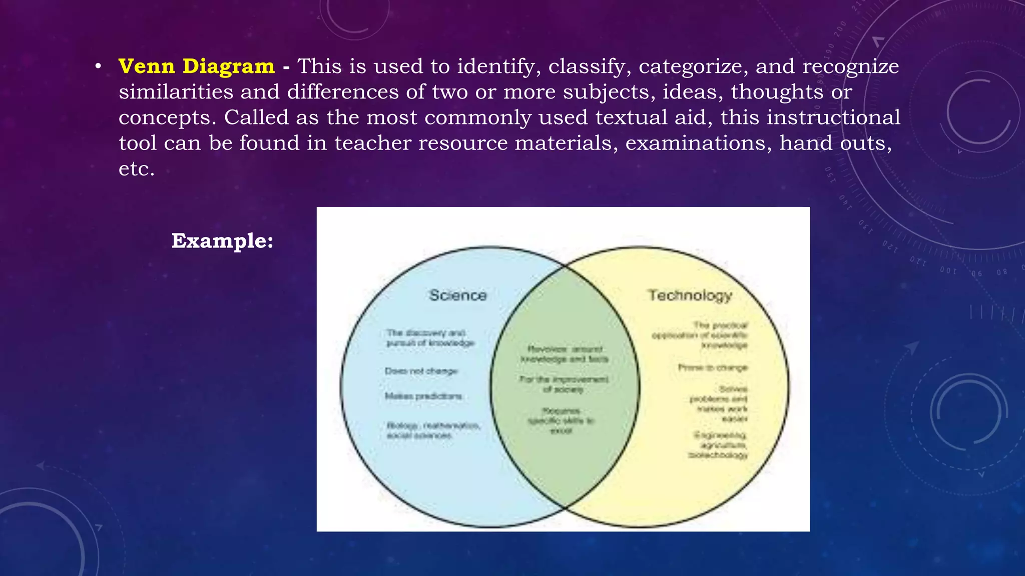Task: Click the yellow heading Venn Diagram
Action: pyautogui.click(x=196, y=66)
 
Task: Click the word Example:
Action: pyautogui.click(x=222, y=241)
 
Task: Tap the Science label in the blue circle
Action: pyautogui.click(x=458, y=295)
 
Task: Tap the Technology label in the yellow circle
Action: pyautogui.click(x=690, y=295)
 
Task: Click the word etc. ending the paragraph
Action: pyautogui.click(x=136, y=169)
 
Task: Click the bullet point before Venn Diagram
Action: pyautogui.click(x=99, y=66)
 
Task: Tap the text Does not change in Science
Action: pyautogui.click(x=421, y=371)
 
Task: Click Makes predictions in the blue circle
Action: pyautogui.click(x=423, y=396)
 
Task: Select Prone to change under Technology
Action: pyautogui.click(x=713, y=367)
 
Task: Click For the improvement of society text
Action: pyautogui.click(x=564, y=384)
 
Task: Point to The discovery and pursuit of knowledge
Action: pyautogui.click(x=429, y=338)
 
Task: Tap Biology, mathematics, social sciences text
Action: pyautogui.click(x=432, y=430)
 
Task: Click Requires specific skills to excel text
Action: pyautogui.click(x=561, y=420)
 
